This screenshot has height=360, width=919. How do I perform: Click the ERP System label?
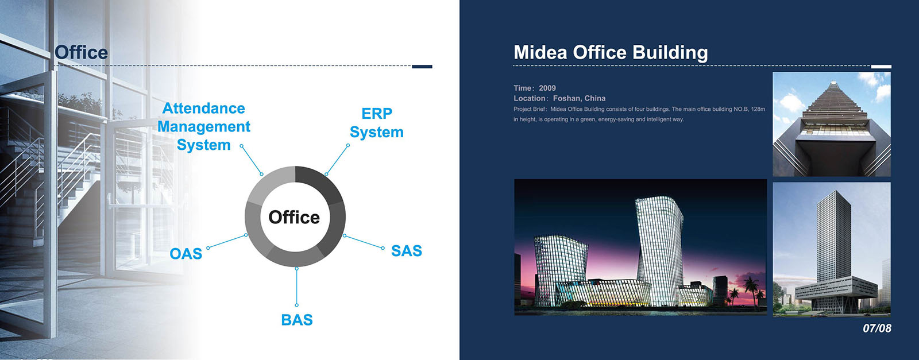[x=377, y=123]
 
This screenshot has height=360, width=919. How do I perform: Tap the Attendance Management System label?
[x=204, y=127]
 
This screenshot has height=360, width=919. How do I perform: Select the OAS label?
[x=186, y=254]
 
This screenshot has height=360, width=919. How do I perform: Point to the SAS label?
[x=407, y=250]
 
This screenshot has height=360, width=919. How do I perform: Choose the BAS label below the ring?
[x=297, y=320]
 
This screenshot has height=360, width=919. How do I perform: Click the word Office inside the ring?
[x=294, y=217]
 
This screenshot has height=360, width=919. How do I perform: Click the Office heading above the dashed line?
[x=81, y=52]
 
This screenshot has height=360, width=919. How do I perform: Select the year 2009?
[x=547, y=88]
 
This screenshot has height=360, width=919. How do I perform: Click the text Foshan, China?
[x=580, y=98]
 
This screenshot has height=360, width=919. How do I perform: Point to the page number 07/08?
[x=877, y=328]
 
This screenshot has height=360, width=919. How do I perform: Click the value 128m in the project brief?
[x=758, y=109]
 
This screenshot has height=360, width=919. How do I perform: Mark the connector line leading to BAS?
[x=296, y=287]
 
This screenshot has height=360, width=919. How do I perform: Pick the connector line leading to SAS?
[x=364, y=242]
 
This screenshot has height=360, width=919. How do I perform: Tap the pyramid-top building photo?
[x=832, y=124]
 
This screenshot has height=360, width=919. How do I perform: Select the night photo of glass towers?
[x=640, y=247]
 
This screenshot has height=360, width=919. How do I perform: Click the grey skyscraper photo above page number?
[x=832, y=249]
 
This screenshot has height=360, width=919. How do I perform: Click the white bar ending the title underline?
[x=881, y=67]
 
